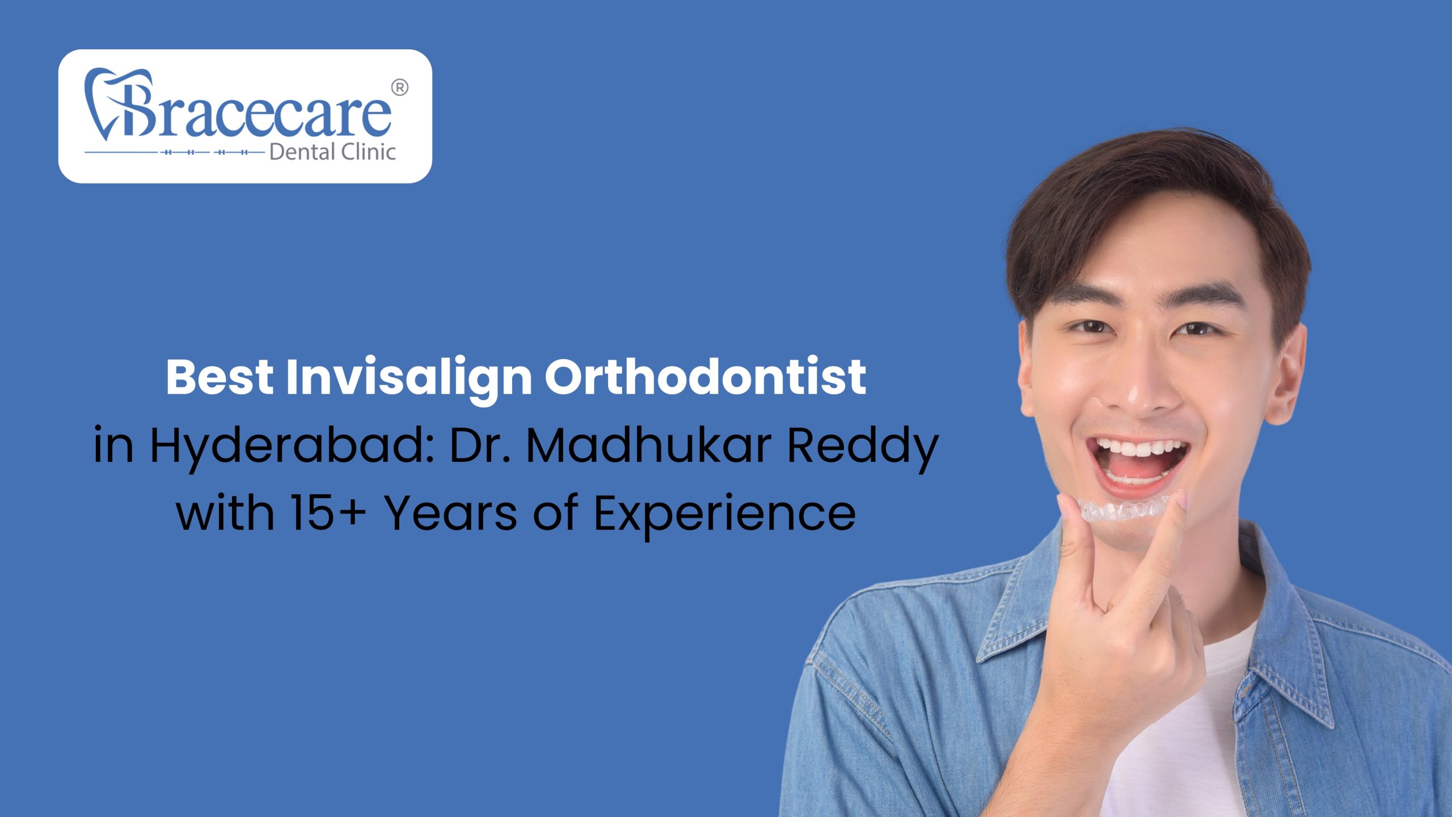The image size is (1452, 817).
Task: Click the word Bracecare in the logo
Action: click(250, 113)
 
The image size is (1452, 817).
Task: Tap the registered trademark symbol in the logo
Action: click(399, 88)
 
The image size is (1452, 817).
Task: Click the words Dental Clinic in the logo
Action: click(332, 152)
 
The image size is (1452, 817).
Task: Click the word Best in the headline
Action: click(219, 377)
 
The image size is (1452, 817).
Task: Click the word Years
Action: click(451, 512)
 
